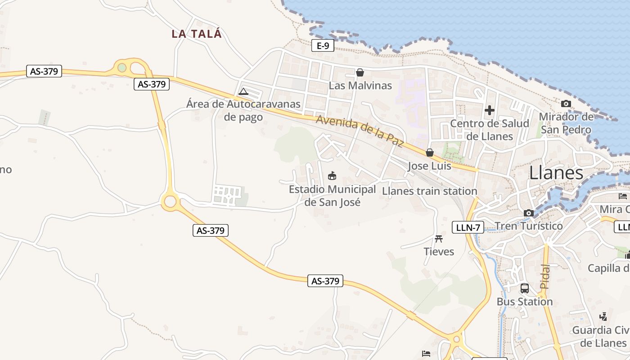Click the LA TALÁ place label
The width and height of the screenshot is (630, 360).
coord(197,34)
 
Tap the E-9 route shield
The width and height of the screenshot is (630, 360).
coord(323,45)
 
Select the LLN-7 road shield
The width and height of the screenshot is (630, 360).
coord(468,228)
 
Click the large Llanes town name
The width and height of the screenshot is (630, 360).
coord(556,173)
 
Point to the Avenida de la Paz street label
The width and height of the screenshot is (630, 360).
coord(359,130)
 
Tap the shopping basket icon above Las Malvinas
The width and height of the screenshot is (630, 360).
coord(360,72)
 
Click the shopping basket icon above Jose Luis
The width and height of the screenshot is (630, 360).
coord(430,153)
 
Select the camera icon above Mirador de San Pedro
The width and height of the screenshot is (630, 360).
coord(566,104)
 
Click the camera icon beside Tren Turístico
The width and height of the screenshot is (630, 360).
coord(529,213)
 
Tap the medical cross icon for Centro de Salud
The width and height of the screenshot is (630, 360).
coord(490,110)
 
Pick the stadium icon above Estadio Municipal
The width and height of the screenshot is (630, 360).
coord(332,175)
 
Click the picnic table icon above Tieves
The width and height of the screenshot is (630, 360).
coord(439,238)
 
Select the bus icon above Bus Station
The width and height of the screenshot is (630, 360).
coord(524,288)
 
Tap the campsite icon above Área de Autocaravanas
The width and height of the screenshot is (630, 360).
coord(243,91)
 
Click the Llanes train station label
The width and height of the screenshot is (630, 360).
coord(429,191)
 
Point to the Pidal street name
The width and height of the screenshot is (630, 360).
coord(544,277)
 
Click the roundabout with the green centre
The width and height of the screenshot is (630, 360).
coord(122,68)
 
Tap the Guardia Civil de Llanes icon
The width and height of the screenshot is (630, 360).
coord(603,317)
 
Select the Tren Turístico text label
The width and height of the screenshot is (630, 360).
coord(529,226)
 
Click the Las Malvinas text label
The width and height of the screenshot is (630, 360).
coord(360,85)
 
